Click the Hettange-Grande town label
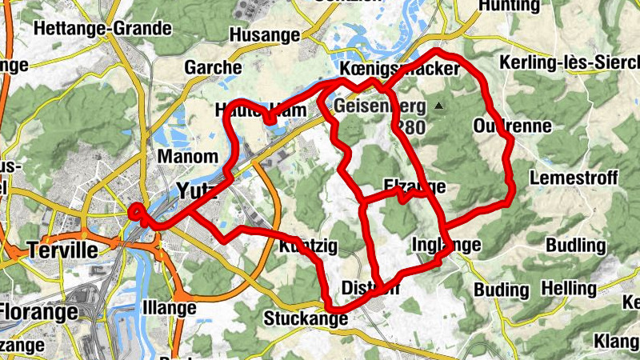coord(103,29)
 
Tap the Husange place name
coord(264,35)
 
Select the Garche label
coord(213,68)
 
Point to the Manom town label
coord(188,156)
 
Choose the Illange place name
coord(169,308)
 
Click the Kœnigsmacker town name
coord(399,70)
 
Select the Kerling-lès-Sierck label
coord(568,62)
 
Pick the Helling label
coord(569,288)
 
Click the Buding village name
coord(502,289)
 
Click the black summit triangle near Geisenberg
coord(438,106)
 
